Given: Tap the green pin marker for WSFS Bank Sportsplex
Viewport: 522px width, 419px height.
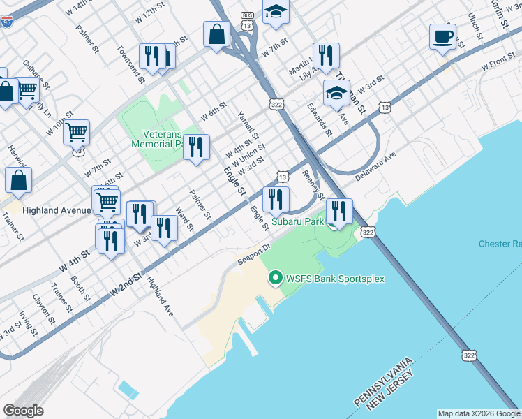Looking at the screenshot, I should pyautogui.click(x=276, y=279).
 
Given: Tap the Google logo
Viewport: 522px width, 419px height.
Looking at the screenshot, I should pyautogui.click(x=23, y=411).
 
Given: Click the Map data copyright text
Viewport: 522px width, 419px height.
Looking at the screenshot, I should pyautogui.click(x=479, y=413).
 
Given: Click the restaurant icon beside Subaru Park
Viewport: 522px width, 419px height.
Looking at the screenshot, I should pyautogui.click(x=339, y=211).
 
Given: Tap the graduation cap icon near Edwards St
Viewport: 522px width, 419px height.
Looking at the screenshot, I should pyautogui.click(x=336, y=93).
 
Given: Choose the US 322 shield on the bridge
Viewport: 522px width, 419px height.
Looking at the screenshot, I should pyautogui.click(x=469, y=355).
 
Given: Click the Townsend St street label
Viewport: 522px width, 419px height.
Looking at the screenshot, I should pyautogui.click(x=130, y=64).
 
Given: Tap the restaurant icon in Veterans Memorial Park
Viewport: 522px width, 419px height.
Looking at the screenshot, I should pyautogui.click(x=196, y=147).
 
